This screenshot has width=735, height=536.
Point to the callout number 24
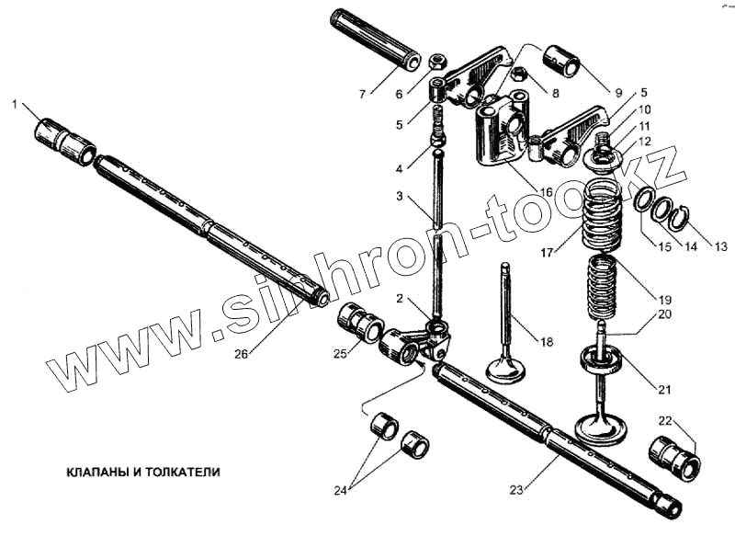[x=341, y=491]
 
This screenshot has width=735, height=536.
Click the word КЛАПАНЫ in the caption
[x=96, y=472]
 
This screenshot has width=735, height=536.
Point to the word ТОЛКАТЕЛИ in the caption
[x=184, y=472]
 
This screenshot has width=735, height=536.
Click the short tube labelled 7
[x=376, y=48]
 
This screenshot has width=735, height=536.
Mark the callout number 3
[x=400, y=198]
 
